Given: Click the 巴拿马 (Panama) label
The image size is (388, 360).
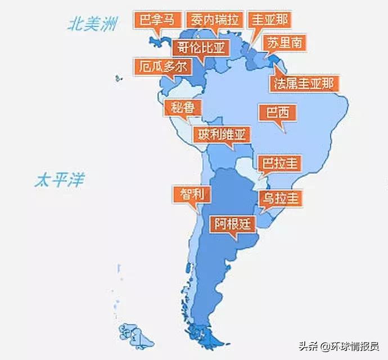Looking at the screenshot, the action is pyautogui.click(x=158, y=20).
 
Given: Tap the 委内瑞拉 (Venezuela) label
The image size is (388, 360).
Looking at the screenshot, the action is pyautogui.click(x=215, y=20).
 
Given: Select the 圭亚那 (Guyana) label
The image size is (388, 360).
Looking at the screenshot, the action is pyautogui.click(x=270, y=20).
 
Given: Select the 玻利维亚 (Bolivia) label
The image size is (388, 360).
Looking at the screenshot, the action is pyautogui.click(x=221, y=135).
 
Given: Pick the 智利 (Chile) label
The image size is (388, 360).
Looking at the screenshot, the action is pyautogui.click(x=192, y=195).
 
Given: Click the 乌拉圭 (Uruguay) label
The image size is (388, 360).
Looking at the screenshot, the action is pyautogui.click(x=280, y=198).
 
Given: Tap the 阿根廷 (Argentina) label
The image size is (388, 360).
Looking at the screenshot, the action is pyautogui.click(x=233, y=224).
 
